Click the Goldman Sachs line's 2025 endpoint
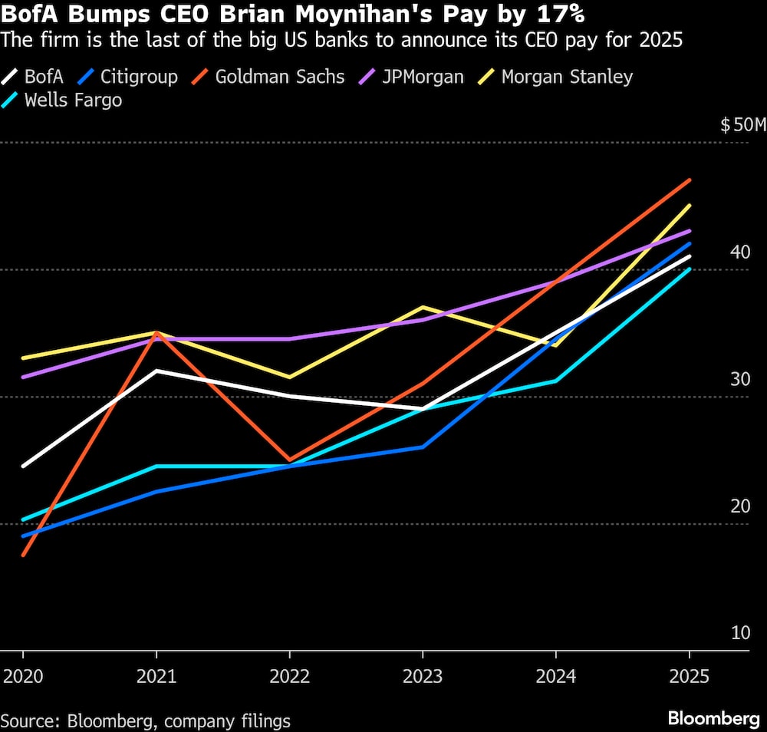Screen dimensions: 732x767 690,180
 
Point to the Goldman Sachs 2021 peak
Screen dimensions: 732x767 156,333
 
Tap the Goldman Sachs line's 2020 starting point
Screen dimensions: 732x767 23,555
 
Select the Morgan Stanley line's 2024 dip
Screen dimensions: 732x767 556,345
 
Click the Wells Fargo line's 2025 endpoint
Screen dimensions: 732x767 690,269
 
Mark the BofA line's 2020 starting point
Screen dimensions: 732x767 23,466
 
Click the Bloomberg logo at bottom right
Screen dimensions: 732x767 713,719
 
